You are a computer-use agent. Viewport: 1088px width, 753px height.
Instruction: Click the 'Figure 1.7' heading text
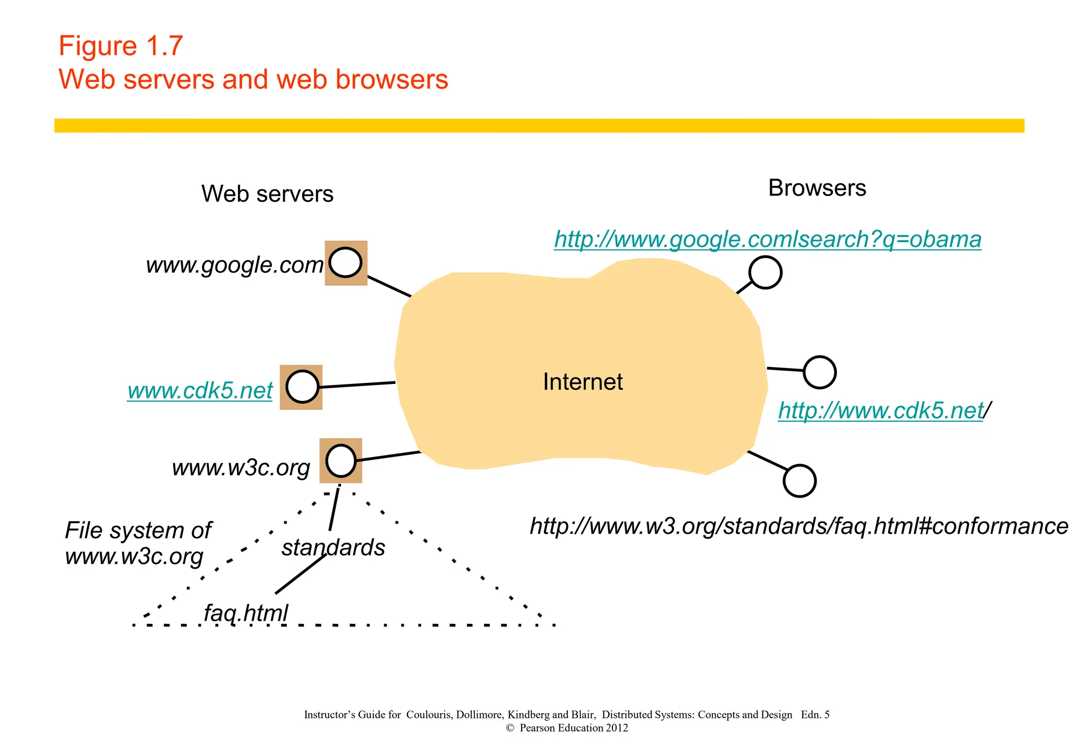coord(121,46)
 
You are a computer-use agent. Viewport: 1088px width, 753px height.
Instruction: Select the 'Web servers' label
coord(267,194)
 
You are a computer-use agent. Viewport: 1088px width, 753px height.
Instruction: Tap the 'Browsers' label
coord(817,188)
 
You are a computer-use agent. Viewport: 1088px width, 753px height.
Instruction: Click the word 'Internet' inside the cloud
coord(582,382)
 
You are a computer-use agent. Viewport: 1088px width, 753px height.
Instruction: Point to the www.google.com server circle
coord(345,263)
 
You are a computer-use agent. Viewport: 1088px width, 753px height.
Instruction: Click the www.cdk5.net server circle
coord(302,387)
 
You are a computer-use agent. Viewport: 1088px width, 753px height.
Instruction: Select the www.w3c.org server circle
coord(341,460)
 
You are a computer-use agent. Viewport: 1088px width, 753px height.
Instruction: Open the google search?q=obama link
coord(767,239)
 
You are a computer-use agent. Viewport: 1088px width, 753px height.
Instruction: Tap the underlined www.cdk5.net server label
coord(200,391)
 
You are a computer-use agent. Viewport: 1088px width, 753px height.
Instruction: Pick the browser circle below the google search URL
coord(765,272)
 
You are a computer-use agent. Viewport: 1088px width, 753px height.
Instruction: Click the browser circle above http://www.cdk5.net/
coord(819,372)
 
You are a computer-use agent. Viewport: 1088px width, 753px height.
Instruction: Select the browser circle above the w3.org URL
coord(800,481)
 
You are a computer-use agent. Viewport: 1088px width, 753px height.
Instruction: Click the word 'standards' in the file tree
coord(333,547)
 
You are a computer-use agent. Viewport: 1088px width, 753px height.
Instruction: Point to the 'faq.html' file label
coord(245,613)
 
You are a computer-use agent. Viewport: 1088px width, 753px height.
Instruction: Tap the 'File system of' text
coord(138,530)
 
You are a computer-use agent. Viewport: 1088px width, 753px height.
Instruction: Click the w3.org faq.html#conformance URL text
coord(798,526)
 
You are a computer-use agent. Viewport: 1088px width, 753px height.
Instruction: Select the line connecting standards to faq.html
coord(301,574)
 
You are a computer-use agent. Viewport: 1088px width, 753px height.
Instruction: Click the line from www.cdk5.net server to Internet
coord(357,384)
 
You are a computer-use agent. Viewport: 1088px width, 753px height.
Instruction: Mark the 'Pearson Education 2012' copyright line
coord(567,728)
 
